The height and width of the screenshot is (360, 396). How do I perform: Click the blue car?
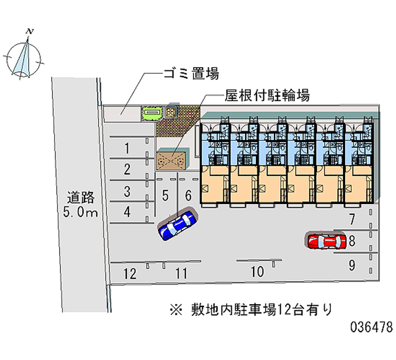176,225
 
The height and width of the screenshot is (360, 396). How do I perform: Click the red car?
326,242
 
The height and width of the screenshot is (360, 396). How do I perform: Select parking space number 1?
127,148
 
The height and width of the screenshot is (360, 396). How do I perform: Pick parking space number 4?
127,212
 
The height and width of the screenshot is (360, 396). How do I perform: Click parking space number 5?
166,195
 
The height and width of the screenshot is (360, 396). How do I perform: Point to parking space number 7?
352,218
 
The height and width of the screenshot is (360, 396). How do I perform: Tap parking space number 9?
352,265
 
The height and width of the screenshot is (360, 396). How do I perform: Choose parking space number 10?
257,271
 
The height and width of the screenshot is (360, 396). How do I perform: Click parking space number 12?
130,273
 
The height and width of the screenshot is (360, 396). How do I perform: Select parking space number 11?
182,273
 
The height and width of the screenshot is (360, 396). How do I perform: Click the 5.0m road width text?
81,213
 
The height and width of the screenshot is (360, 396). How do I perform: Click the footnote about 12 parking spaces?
251,309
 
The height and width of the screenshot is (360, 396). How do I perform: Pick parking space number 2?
127,169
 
